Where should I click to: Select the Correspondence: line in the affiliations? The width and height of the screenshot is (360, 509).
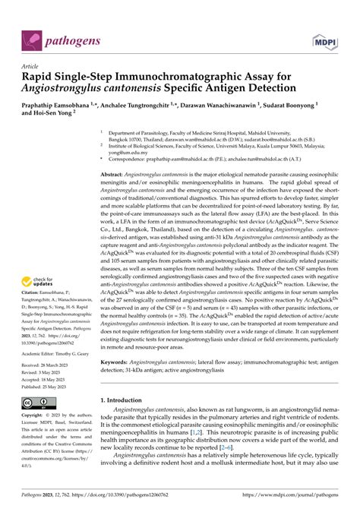coord(167,159)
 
